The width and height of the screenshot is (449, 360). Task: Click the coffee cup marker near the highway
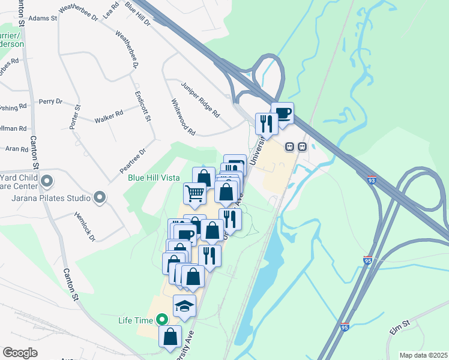pos(282,113)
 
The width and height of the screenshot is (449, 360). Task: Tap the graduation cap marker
pos(184,306)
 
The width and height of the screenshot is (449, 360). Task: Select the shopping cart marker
pos(194,193)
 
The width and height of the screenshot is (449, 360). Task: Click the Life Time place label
pos(136,320)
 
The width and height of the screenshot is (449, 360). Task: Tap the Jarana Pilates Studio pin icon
pos(100,197)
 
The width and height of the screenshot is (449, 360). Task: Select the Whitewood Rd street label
pos(184,116)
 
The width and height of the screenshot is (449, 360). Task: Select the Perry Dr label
pos(50,102)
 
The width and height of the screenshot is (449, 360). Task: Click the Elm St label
pos(399,324)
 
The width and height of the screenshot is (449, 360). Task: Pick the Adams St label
pos(42,19)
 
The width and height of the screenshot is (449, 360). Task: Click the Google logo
pos(20,353)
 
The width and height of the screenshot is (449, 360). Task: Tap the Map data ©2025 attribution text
pos(423,355)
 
